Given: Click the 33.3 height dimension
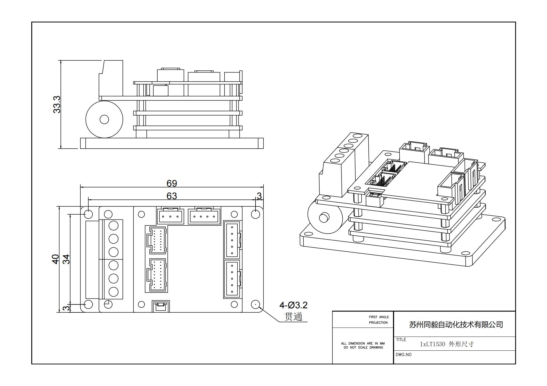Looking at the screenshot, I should coord(57,105).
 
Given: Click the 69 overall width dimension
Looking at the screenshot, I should coord(172,183).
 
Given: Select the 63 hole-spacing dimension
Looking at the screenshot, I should coord(172,196).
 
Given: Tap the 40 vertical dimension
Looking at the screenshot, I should coord(56,259).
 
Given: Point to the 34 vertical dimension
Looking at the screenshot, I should coord(67,259).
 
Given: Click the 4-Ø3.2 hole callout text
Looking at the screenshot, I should coord(293,305).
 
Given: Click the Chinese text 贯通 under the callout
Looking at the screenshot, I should coord(293,317).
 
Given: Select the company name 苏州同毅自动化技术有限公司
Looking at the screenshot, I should coord(455,324).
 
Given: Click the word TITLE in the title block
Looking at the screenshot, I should coord(401,340).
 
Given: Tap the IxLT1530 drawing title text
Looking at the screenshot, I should coord(447,344).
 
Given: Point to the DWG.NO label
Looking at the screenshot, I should coord(403,354).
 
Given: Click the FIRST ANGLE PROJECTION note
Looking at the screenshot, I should coord(379,320).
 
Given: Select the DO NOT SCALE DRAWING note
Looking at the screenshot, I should coord(363,347).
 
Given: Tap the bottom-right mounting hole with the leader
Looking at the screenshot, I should coord(256,304).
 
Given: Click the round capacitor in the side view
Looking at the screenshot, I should coord(104,119).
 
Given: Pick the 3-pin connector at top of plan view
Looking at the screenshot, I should coord(170,216).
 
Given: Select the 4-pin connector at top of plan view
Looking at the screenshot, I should coord(204,216).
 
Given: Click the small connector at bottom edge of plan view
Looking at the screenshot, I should coord(161,307).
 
